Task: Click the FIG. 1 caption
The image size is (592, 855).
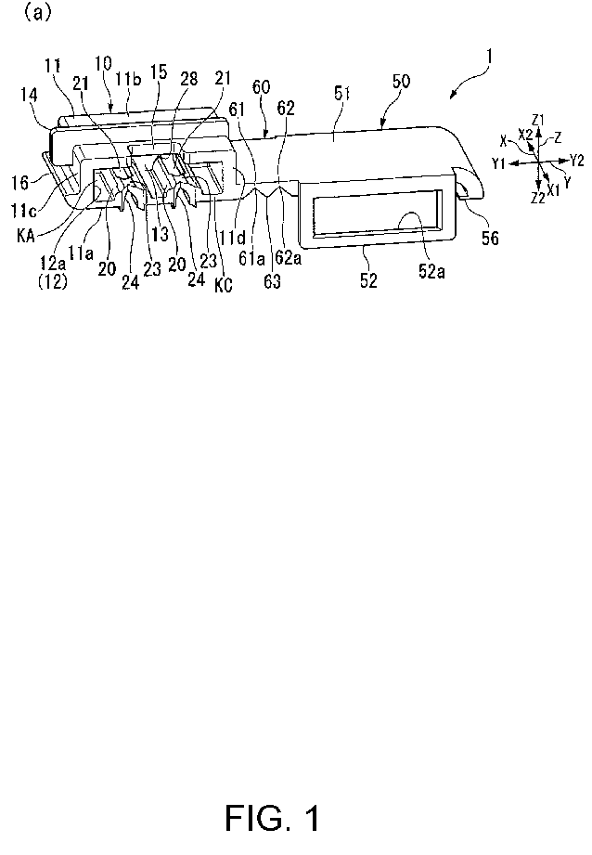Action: click(273, 817)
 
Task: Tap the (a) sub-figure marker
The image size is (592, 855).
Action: click(36, 12)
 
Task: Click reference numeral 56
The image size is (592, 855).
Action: click(490, 238)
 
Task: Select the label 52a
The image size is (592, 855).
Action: click(431, 271)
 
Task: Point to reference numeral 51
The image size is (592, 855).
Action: click(341, 94)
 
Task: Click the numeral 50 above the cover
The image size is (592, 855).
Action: click(401, 82)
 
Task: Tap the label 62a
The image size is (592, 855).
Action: click(289, 257)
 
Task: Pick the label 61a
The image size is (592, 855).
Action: click(251, 257)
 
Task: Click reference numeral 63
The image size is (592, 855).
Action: click(272, 280)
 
